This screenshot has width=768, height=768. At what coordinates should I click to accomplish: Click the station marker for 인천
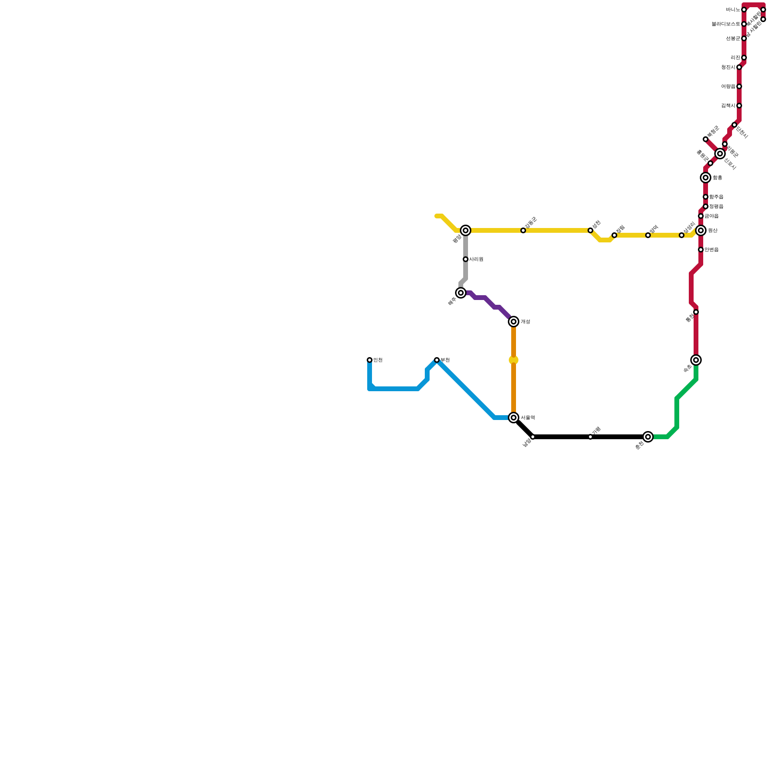[x=370, y=360]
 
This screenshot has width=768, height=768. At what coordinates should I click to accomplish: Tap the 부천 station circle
[x=437, y=360]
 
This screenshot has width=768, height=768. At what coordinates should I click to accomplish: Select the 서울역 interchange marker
[x=514, y=418]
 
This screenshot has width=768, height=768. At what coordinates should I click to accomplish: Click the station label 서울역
[x=528, y=418]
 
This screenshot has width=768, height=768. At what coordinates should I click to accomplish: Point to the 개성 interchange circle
[x=514, y=322]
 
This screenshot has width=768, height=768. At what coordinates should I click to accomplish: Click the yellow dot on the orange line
[x=514, y=360]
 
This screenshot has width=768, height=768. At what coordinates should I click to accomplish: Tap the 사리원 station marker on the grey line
[x=466, y=259]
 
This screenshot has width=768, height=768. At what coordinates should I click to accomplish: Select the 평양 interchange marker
[x=466, y=230]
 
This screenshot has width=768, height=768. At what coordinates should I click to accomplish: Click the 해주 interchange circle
[x=461, y=293]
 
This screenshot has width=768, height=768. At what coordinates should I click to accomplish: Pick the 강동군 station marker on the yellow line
[x=523, y=230]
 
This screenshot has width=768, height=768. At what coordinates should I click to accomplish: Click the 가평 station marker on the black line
[x=590, y=437]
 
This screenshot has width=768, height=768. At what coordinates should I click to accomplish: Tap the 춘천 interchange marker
[x=648, y=437]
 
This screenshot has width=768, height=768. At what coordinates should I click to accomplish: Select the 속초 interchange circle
[x=696, y=360]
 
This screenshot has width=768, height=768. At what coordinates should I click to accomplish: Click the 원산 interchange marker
[x=701, y=230]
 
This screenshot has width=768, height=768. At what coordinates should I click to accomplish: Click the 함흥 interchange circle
[x=706, y=178]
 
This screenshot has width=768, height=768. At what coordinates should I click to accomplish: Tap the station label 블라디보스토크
[x=726, y=24]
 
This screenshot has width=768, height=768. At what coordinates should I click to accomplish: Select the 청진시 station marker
[x=739, y=67]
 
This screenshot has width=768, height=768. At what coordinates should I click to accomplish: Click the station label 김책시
[x=728, y=106]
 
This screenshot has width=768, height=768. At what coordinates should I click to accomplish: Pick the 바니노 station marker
[x=744, y=10]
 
